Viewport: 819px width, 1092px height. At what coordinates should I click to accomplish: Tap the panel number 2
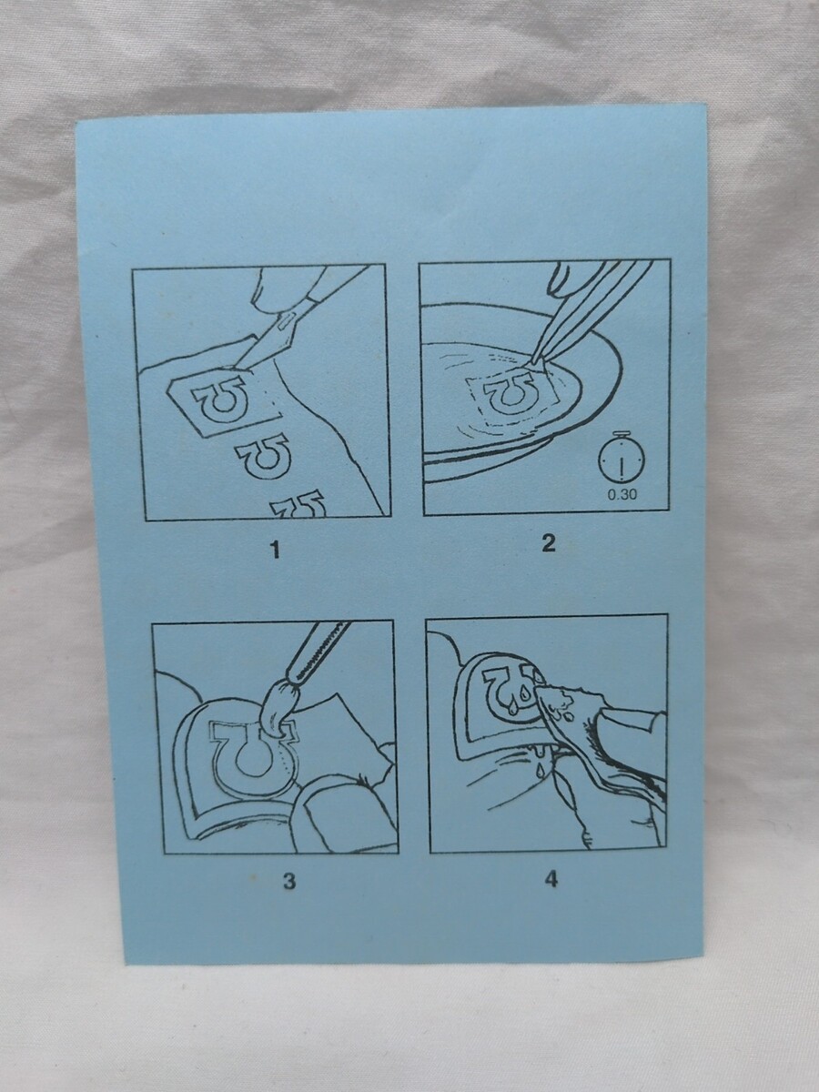[548, 543]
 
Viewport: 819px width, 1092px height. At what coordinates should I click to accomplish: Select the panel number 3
[288, 881]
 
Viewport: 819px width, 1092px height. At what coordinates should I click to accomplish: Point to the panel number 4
[551, 878]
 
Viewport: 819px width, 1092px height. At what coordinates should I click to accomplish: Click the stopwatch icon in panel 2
[622, 460]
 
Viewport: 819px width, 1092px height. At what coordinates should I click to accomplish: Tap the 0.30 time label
[622, 495]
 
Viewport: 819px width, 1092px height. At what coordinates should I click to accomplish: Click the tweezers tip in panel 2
[533, 359]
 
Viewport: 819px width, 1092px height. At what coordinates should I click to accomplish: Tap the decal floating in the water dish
[511, 395]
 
